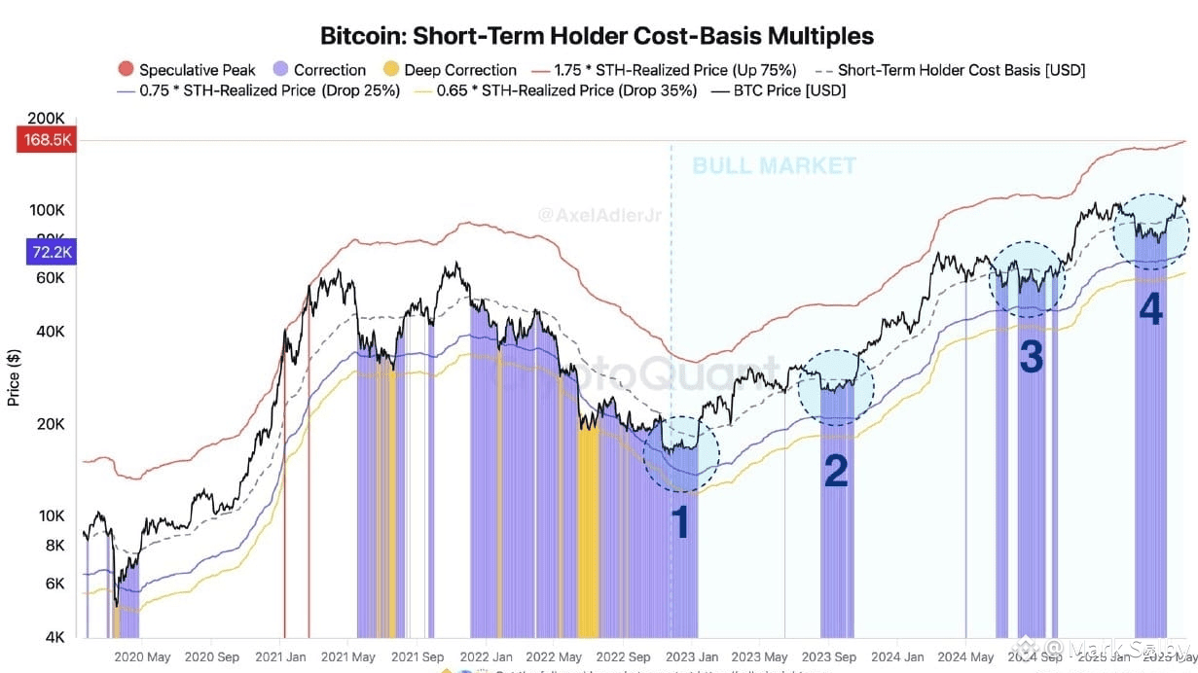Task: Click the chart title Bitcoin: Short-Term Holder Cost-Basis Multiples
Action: [598, 36]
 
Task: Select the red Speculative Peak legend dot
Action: [126, 70]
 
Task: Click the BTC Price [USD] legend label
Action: [789, 90]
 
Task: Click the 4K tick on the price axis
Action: [54, 637]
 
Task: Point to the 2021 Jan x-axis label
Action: [281, 657]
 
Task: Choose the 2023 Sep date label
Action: [830, 657]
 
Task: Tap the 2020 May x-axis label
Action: [142, 657]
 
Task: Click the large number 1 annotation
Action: [681, 523]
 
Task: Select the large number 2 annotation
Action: [836, 472]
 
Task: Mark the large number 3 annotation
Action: [1031, 358]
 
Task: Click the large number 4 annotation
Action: [1150, 310]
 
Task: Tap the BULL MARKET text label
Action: [774, 165]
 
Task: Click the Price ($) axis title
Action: [14, 376]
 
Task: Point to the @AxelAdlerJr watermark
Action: [599, 213]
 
